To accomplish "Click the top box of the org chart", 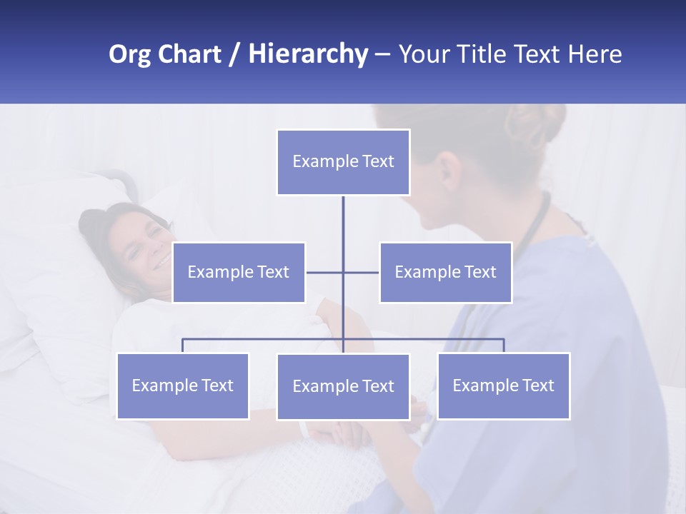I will (343, 162).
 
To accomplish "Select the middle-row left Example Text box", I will (239, 272).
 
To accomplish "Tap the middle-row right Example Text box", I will (445, 272).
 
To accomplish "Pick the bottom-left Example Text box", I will (183, 385).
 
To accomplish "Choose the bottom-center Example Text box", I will (343, 386).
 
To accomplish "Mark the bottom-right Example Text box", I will (503, 385).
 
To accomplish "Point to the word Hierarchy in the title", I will (307, 54).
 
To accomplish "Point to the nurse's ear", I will (449, 171).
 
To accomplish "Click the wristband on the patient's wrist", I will (304, 428).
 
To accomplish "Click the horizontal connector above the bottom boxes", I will (264, 339).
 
